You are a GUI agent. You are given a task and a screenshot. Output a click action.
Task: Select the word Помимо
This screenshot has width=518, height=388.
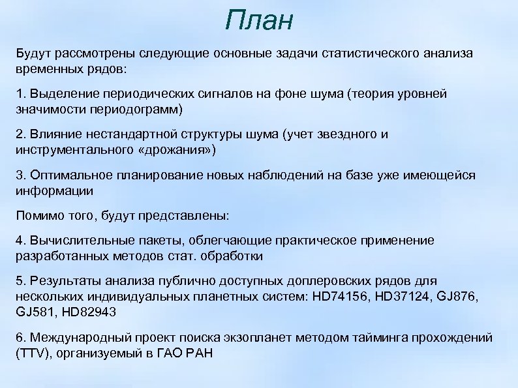pyautogui.click(x=38, y=215)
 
